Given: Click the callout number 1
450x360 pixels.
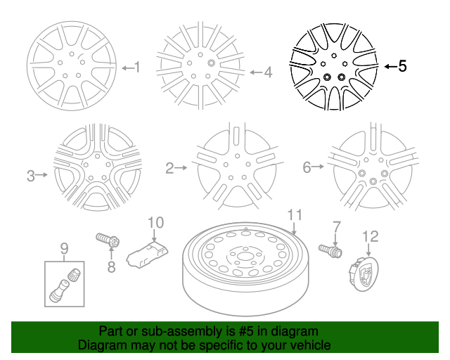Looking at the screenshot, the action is tap(137, 67).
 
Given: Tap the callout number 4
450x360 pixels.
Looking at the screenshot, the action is tap(267, 71).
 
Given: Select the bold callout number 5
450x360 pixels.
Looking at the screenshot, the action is tap(402, 66).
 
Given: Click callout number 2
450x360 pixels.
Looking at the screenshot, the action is tap(169, 168).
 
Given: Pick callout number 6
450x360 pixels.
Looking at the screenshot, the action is tap(307, 167).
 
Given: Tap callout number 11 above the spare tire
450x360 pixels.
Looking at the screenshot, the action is tap(294, 214).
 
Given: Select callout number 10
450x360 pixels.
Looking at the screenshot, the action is tap(155, 222).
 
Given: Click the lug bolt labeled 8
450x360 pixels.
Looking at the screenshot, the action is tap(107, 240).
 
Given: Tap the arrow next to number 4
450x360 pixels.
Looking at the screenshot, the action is tap(254, 72).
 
